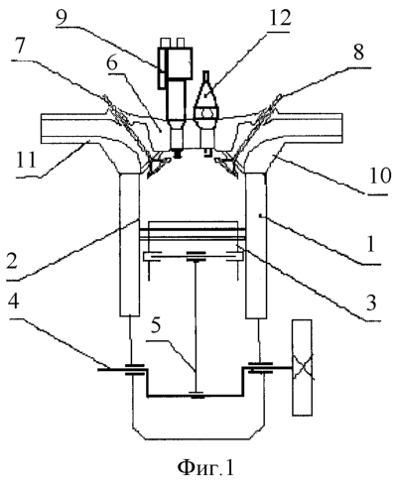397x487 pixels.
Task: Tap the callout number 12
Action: click(x=280, y=17)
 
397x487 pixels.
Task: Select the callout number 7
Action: click(x=20, y=48)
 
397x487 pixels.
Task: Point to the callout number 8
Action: click(x=358, y=52)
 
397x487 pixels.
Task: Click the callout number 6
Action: click(x=112, y=62)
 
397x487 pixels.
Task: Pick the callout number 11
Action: click(x=27, y=160)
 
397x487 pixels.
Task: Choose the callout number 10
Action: click(x=381, y=176)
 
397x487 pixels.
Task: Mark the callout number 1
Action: click(x=371, y=244)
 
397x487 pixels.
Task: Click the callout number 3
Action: click(x=371, y=303)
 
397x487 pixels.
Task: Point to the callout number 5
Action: click(x=155, y=325)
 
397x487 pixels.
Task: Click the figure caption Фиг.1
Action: click(x=205, y=467)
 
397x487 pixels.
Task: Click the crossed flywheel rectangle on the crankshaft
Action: click(x=302, y=367)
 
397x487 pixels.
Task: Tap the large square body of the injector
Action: click(x=180, y=62)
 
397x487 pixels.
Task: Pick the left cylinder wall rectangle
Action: click(x=129, y=244)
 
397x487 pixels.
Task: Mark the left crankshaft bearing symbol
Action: click(x=134, y=370)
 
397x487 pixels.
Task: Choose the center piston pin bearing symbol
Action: click(x=197, y=256)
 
